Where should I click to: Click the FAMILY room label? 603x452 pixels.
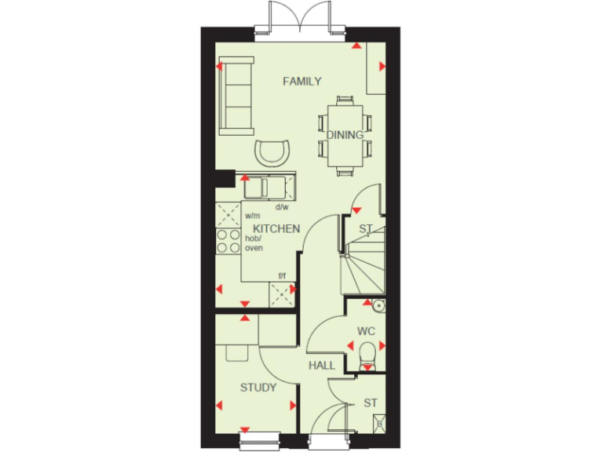[302, 81]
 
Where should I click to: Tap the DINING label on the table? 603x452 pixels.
[345, 135]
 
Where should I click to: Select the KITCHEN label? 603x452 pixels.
[276, 229]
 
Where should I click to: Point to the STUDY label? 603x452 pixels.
[258, 387]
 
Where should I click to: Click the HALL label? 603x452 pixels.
[322, 366]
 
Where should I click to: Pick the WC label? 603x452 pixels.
[366, 331]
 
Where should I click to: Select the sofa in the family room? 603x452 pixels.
[236, 96]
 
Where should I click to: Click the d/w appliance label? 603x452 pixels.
[282, 208]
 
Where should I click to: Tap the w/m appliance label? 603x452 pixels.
[252, 215]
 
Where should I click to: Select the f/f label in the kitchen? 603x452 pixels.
[282, 275]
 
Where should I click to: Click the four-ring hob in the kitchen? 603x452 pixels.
[228, 241]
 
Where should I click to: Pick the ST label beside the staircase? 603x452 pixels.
[365, 229]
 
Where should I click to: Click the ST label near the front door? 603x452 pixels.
[371, 403]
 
